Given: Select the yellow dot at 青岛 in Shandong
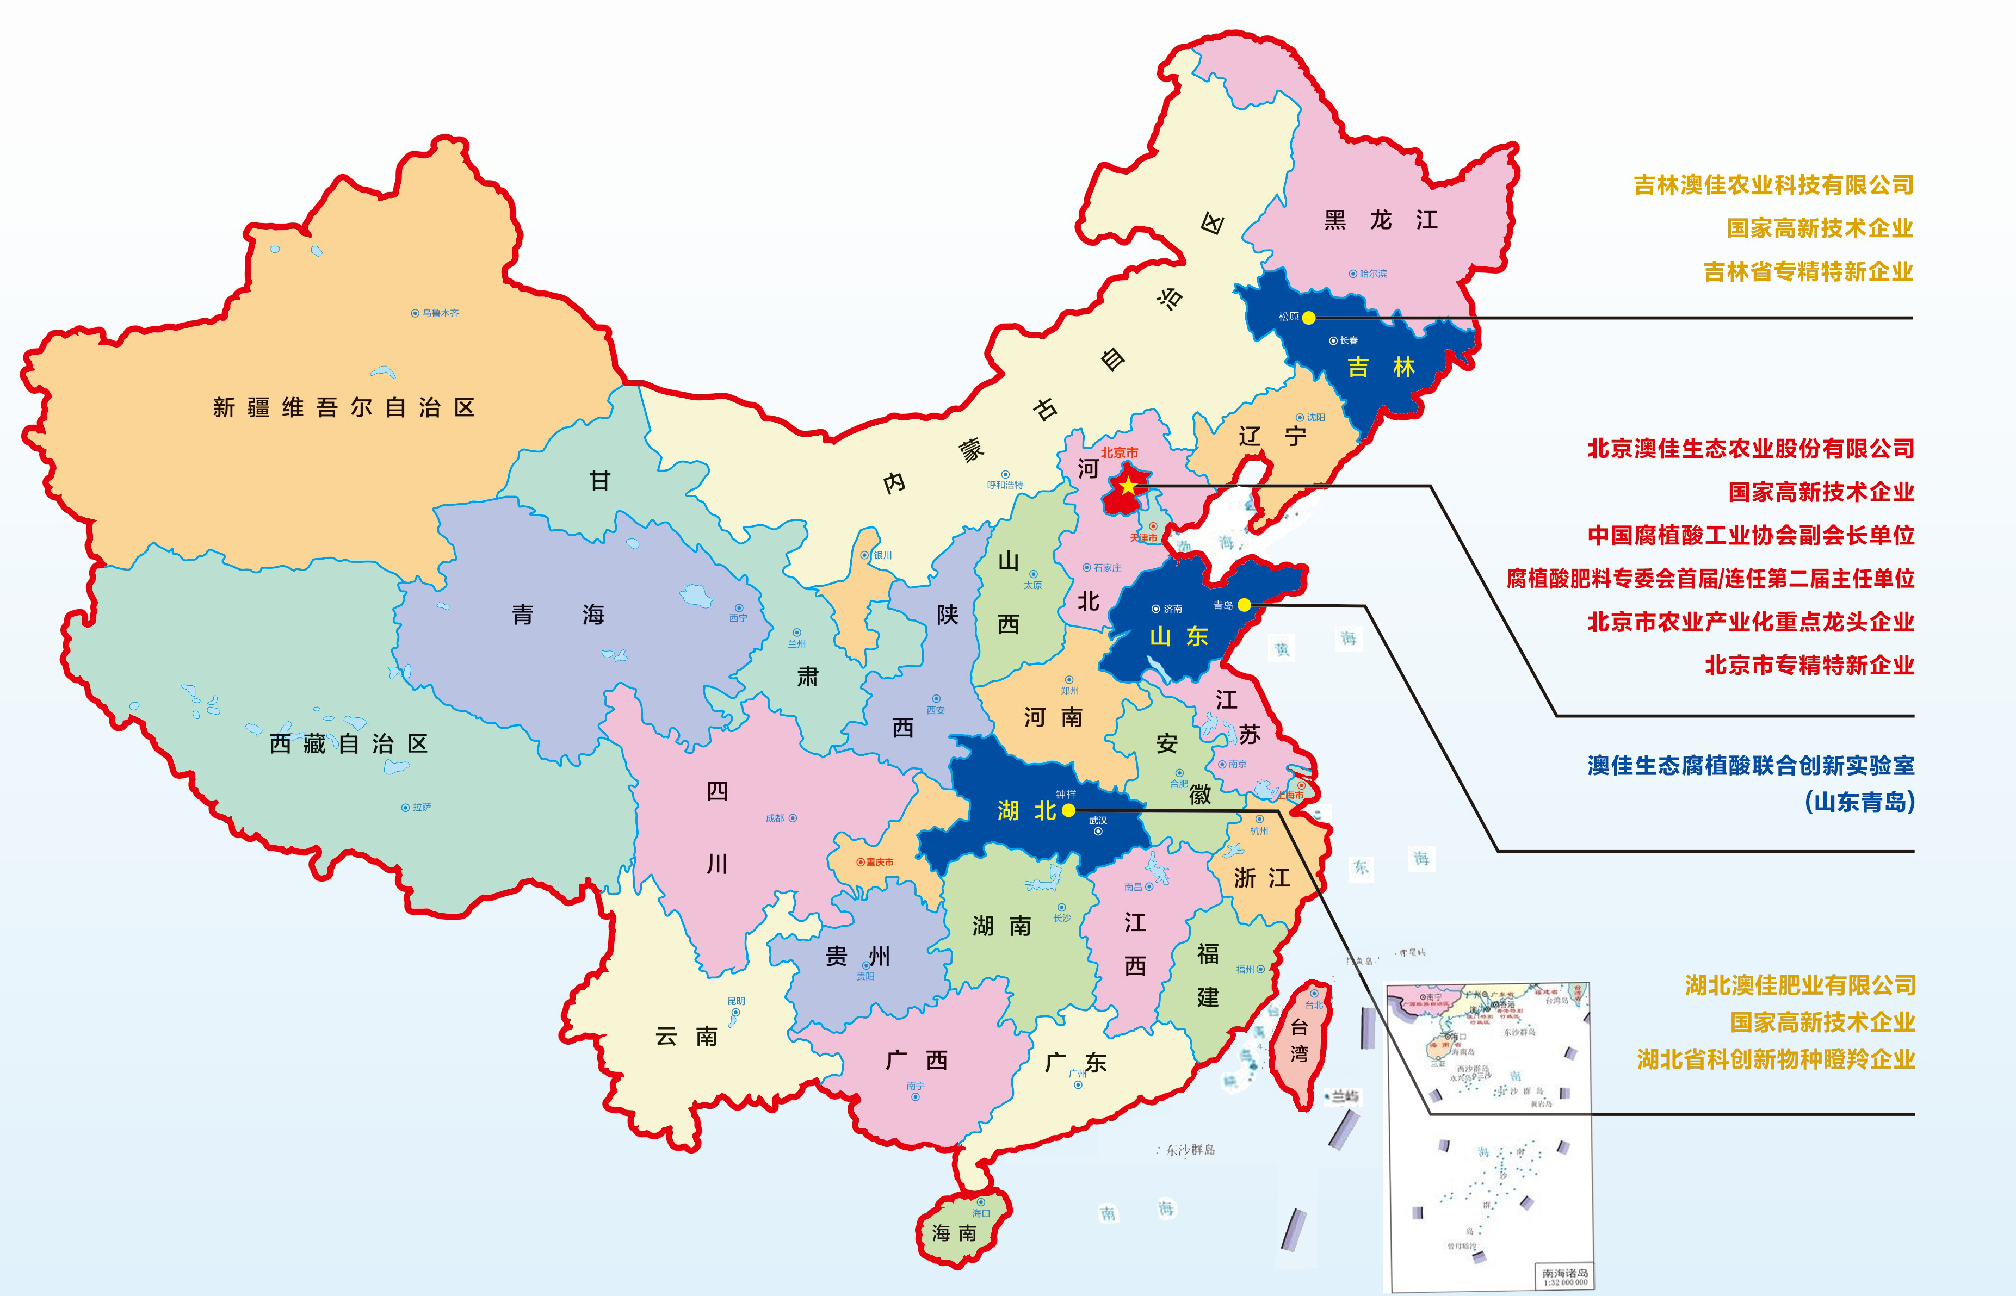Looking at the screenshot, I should pyautogui.click(x=1244, y=604).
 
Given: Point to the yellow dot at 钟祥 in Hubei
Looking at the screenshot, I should pyautogui.click(x=1068, y=810).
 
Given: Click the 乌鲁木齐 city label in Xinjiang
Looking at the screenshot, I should pyautogui.click(x=440, y=313).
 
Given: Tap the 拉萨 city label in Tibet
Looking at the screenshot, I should pyautogui.click(x=421, y=807).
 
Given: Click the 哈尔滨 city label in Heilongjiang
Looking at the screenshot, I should pyautogui.click(x=1372, y=274).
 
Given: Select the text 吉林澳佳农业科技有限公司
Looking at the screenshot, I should pyautogui.click(x=1773, y=185).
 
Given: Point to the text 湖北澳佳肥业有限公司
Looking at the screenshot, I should pyautogui.click(x=1799, y=984).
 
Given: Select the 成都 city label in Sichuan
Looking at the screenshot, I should pyautogui.click(x=775, y=818).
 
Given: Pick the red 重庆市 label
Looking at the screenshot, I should pyautogui.click(x=879, y=863).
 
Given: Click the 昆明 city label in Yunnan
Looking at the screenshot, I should pyautogui.click(x=735, y=1001).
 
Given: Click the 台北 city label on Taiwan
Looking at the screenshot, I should pyautogui.click(x=1313, y=1005).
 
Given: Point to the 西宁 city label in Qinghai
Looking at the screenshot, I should pyautogui.click(x=738, y=618).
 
